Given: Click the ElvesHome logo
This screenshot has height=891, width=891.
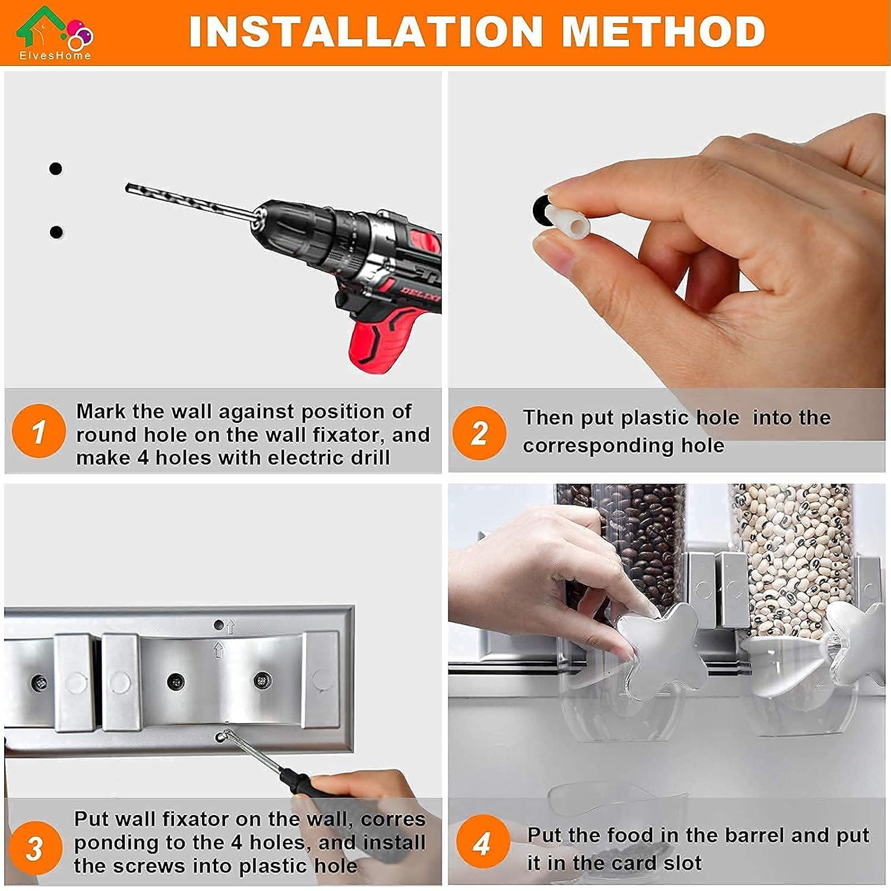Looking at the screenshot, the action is (54, 33).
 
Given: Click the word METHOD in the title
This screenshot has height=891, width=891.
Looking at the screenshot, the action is (663, 31).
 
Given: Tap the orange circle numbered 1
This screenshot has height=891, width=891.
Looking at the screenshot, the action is (39, 431).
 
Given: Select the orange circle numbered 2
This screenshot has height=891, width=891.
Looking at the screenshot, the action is (479, 432).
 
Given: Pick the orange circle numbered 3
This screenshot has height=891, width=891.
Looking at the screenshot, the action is (36, 848).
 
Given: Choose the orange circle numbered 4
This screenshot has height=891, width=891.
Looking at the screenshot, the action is (483, 843).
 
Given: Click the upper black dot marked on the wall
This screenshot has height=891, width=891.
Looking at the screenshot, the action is (55, 169).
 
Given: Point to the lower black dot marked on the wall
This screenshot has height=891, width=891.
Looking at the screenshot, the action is (56, 232).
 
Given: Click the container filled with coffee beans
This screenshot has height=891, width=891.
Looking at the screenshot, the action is (630, 552).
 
